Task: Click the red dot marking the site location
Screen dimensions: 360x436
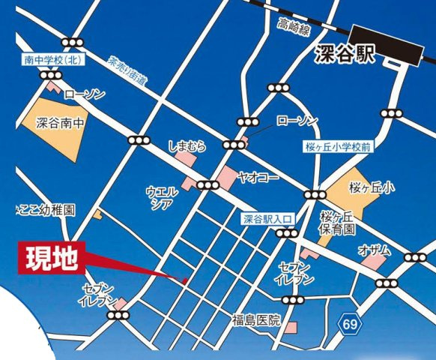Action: [185, 280]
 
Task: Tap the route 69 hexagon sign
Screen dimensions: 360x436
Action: [348, 324]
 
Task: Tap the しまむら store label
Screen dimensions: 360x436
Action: [187, 144]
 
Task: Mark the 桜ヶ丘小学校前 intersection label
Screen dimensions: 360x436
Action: [338, 148]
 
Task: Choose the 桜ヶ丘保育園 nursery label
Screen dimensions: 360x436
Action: [337, 224]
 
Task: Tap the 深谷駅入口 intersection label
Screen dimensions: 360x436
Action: [270, 219]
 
